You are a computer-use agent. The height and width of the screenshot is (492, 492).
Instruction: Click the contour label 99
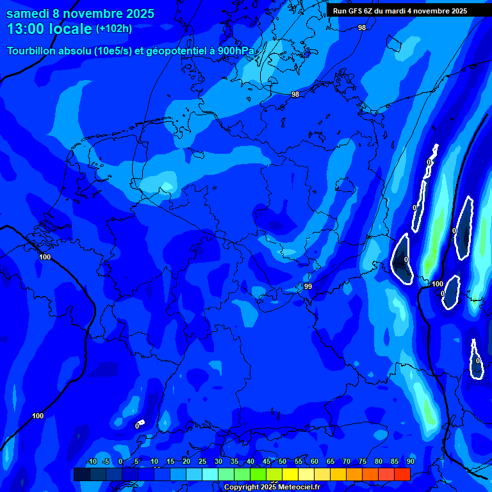(308, 286)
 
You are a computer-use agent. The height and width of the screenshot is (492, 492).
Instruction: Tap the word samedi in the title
(29, 13)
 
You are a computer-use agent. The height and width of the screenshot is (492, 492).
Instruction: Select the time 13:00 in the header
(26, 29)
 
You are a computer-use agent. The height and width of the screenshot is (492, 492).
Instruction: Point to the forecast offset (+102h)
(114, 29)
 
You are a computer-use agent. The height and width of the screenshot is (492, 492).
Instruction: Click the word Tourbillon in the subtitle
(34, 51)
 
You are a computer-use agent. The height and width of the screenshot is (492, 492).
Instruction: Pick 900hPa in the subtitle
(239, 51)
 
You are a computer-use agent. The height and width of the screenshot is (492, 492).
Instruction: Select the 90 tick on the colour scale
(410, 461)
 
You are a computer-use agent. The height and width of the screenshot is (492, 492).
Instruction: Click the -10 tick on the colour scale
(91, 461)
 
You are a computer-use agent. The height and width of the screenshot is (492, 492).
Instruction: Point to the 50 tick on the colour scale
(283, 461)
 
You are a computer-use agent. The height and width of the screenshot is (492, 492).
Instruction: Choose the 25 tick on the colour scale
(202, 461)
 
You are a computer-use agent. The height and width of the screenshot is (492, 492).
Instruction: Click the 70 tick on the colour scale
(347, 461)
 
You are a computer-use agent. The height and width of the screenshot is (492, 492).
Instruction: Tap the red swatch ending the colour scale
(402, 474)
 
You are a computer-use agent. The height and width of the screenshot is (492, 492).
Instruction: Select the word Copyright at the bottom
(242, 488)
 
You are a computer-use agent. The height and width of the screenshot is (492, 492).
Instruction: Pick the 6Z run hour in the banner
(368, 11)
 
